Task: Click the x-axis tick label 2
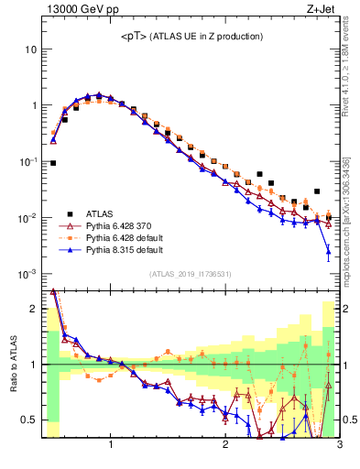pyautogui.click(x=225, y=446)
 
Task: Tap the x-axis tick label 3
pyautogui.click(x=339, y=446)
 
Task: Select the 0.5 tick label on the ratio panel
pyautogui.click(x=29, y=420)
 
